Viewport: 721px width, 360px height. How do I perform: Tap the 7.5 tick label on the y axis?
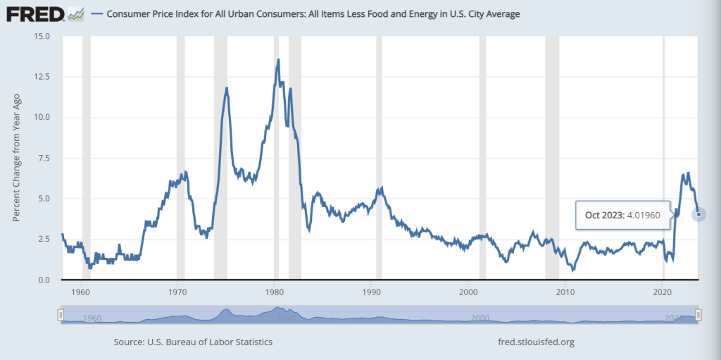click(x=44, y=158)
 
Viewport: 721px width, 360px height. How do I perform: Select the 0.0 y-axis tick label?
click(x=44, y=280)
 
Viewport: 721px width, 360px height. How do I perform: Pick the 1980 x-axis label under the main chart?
click(x=275, y=292)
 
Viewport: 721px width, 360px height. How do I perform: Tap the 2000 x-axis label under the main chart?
click(x=468, y=292)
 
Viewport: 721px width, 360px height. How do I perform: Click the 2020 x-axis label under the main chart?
click(x=663, y=292)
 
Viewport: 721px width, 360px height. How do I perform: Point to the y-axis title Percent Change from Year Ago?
click(x=17, y=158)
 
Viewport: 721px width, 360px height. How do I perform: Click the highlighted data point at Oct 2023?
click(x=698, y=215)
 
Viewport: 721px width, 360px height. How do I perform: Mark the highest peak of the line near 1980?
click(x=278, y=60)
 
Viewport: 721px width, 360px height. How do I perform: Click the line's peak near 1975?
click(x=227, y=88)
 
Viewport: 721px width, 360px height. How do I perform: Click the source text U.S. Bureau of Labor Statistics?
click(x=193, y=342)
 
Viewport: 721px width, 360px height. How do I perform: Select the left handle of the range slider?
click(x=61, y=314)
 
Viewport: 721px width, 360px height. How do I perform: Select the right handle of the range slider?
click(x=698, y=314)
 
